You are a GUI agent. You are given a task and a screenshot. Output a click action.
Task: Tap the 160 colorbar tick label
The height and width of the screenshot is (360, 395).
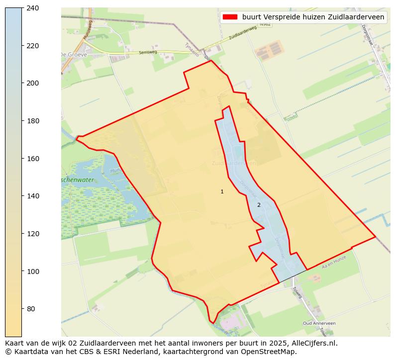coord(33,159)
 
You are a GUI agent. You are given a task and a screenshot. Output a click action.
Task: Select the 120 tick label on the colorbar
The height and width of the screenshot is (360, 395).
coord(33,234)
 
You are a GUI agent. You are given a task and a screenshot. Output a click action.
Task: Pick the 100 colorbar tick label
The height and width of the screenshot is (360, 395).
coord(33,271)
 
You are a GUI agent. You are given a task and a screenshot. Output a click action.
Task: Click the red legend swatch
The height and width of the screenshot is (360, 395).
coord(230,17)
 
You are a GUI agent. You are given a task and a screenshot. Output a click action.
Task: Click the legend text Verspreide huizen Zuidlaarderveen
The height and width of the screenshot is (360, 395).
coord(313,17)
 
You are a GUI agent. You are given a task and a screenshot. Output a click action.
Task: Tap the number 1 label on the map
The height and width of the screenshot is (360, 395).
coord(222,191)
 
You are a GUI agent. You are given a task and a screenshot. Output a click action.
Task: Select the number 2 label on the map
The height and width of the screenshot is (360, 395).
coord(259,205)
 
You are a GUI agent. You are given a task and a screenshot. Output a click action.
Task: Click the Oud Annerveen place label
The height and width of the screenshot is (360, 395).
coord(319,323)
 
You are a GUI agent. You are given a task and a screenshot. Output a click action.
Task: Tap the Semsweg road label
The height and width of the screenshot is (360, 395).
coord(148,52)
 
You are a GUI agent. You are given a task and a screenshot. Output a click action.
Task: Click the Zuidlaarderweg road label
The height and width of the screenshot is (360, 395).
coord(242,33)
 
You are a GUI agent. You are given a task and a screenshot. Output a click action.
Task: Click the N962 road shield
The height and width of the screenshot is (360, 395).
coord(265,24)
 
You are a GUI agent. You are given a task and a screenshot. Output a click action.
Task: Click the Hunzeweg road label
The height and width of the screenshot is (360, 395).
coord(88,29)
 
